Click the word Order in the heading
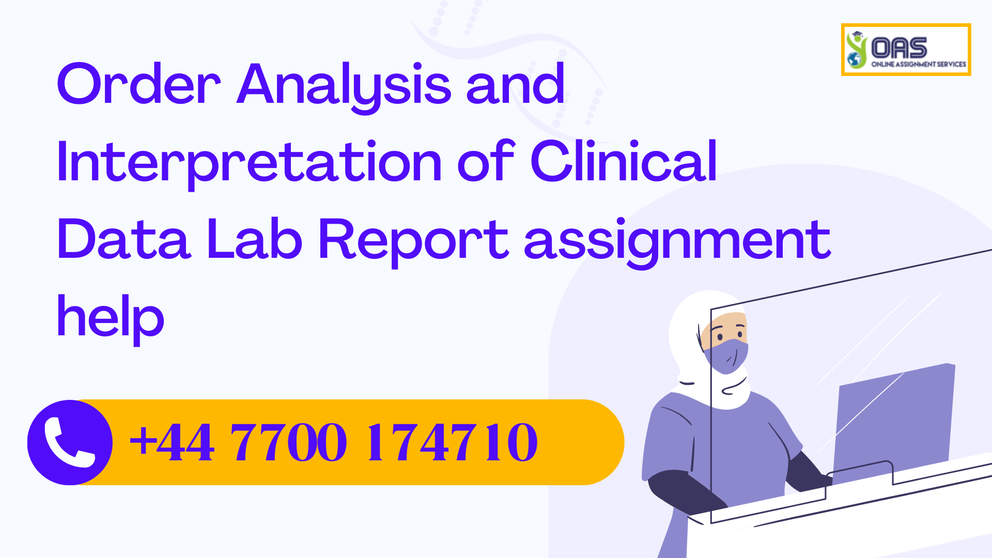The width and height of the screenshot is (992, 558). [138, 84]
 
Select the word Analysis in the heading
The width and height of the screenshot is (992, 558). [344, 85]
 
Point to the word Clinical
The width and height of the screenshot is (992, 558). [624, 162]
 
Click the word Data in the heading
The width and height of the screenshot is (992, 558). [124, 239]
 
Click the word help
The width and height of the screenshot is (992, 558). [111, 317]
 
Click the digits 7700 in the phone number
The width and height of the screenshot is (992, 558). [288, 442]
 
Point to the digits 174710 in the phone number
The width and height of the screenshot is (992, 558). [452, 442]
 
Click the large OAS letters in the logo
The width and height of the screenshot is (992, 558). [899, 48]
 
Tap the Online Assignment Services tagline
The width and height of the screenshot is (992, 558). [919, 65]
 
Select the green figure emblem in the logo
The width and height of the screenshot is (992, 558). [856, 50]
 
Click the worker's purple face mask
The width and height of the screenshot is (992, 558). [726, 355]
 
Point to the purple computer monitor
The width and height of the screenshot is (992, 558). [894, 419]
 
